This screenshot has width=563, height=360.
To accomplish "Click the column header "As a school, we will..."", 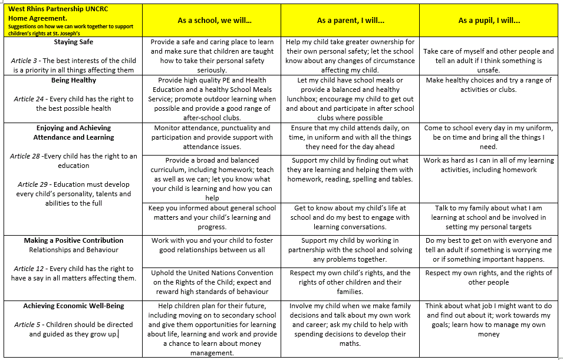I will pos(215,21).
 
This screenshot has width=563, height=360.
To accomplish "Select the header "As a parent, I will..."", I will pos(350,21).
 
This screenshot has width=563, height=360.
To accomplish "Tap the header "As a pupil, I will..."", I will pos(489,21).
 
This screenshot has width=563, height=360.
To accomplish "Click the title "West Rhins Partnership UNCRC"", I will pos(50,9).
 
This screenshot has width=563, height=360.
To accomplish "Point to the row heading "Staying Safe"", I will pos(73,42).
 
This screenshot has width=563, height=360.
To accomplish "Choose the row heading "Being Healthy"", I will pos(73,80).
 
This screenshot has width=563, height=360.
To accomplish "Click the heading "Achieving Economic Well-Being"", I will pos(73,306).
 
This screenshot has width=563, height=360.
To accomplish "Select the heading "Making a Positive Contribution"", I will pos(73,240).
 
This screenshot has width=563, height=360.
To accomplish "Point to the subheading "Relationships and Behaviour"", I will pos(73,250).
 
